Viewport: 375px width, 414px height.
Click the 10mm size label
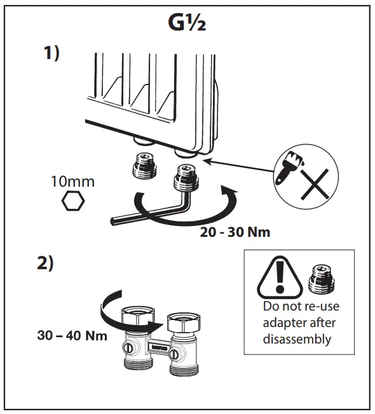tap(72, 182)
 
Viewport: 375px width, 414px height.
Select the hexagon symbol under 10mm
tap(72, 203)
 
